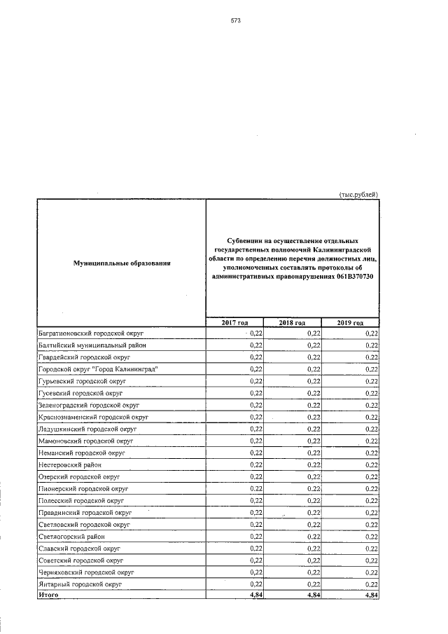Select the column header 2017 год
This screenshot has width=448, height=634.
pyautogui.click(x=234, y=322)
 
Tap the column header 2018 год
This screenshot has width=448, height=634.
pyautogui.click(x=292, y=322)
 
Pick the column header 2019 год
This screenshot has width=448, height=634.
pyautogui.click(x=350, y=322)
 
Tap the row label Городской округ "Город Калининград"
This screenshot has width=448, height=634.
pyautogui.click(x=97, y=369)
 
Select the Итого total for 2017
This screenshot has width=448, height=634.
pyautogui.click(x=255, y=595)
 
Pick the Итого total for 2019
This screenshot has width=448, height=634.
pyautogui.click(x=372, y=595)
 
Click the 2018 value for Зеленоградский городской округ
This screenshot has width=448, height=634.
pyautogui.click(x=314, y=405)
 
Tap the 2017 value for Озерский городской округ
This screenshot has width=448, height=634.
pyautogui.click(x=255, y=476)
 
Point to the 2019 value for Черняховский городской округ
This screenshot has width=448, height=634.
pyautogui.click(x=372, y=572)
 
